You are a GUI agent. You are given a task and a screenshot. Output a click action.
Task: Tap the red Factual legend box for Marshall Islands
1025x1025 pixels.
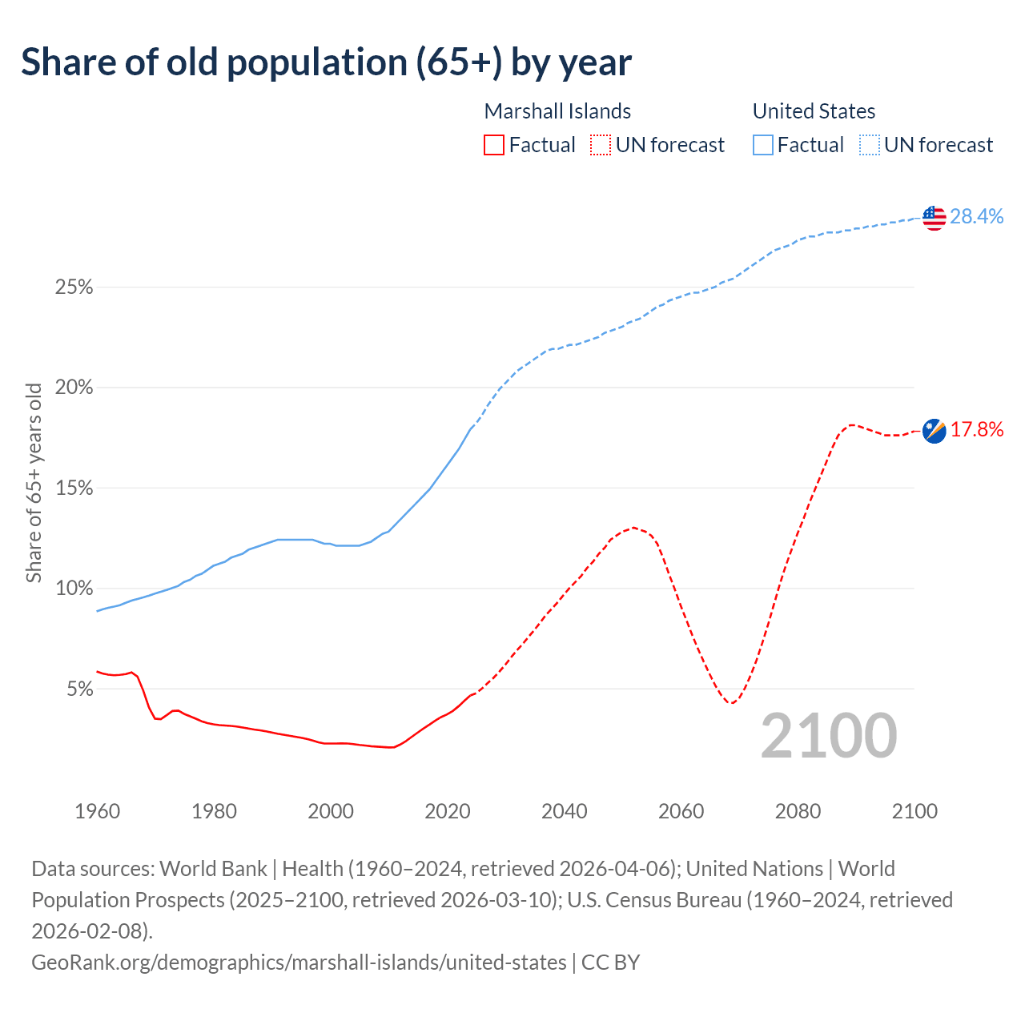pos(494,145)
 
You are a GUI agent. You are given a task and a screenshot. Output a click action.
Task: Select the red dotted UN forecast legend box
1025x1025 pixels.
pos(601,145)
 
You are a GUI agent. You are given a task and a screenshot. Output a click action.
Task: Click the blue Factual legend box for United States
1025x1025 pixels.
pos(763,145)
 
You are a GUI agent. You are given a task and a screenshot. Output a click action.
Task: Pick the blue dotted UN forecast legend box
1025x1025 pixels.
pos(869,145)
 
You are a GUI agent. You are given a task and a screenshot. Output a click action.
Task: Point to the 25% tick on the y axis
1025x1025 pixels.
pos(74,287)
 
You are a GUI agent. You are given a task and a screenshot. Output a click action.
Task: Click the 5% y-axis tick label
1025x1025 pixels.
pos(79,689)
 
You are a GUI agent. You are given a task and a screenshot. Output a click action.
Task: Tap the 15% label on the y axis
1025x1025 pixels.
pos(74,488)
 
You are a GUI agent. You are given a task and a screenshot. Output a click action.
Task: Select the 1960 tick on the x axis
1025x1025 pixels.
pos(98,811)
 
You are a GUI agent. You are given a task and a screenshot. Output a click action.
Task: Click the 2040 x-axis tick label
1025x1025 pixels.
pos(565,811)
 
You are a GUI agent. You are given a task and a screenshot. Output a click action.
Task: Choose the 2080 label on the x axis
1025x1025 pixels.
pos(798,811)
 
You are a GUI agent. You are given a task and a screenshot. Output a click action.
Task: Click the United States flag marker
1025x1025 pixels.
pos(934,217)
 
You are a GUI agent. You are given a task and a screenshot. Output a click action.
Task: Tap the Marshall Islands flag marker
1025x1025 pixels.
pos(934,431)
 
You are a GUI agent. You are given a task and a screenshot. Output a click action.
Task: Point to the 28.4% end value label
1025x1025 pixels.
pos(977,216)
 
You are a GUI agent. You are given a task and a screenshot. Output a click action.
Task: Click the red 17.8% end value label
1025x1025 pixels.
pos(977,430)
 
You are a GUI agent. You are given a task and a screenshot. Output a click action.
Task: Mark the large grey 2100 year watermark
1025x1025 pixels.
pos(829,735)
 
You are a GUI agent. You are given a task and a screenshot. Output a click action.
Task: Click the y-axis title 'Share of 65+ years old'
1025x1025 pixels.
pos(34,483)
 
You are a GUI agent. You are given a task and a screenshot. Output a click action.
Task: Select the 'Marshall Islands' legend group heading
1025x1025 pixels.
pos(557,111)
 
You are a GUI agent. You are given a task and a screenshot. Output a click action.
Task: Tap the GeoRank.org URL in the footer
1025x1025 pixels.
pos(299,962)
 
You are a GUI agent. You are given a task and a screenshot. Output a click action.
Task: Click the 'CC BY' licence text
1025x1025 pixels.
pos(611,962)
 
